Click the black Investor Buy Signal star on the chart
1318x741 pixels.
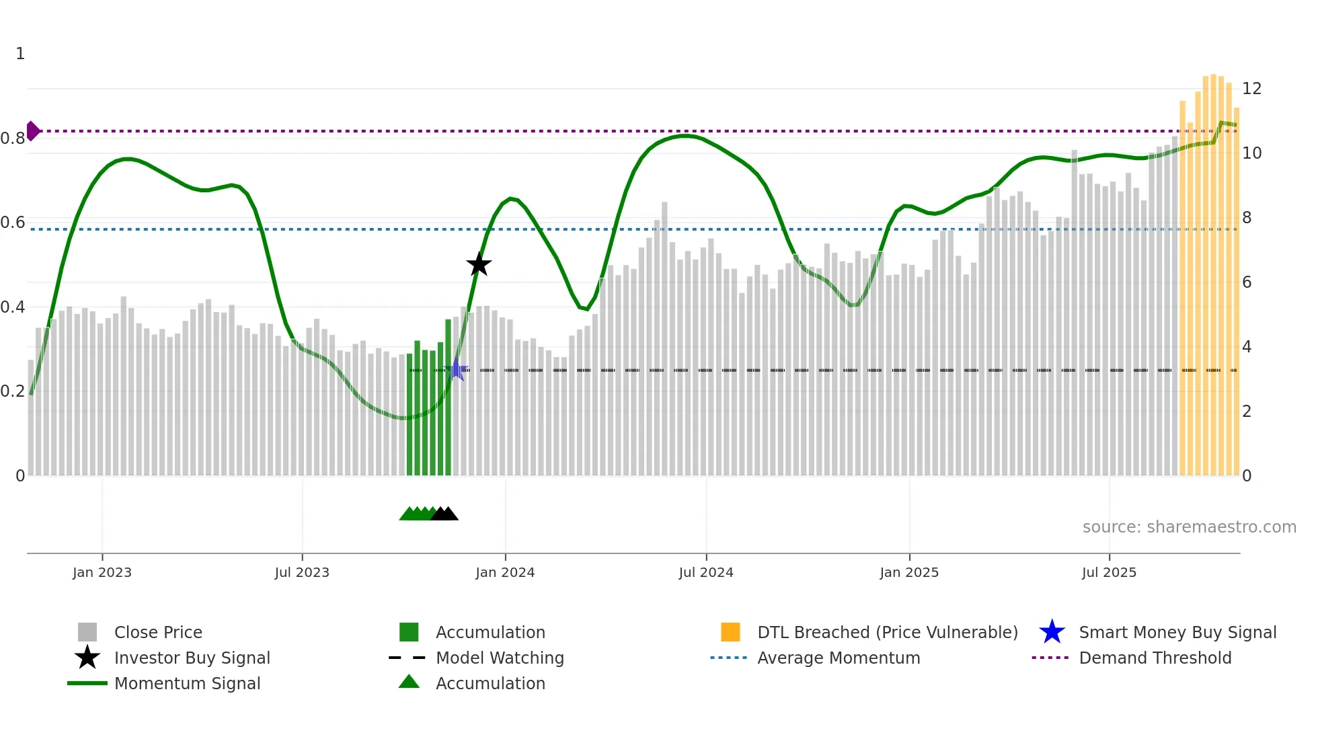point(479,264)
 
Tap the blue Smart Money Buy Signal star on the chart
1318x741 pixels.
point(457,369)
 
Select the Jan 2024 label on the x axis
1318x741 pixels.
point(504,572)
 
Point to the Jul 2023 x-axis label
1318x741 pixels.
point(302,572)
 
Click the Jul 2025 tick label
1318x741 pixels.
point(1109,572)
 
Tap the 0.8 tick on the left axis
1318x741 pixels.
point(12,139)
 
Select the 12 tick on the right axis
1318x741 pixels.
point(1251,89)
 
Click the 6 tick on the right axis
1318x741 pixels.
point(1247,282)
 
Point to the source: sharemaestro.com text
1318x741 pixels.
point(1189,526)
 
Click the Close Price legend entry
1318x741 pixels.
point(158,632)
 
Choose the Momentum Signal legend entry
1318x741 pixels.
point(187,683)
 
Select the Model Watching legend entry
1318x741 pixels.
point(500,658)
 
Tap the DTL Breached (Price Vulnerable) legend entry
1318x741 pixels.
point(887,632)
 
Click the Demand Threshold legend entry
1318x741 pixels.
point(1155,658)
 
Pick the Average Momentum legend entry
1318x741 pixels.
point(838,658)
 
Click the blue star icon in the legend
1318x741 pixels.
point(1052,632)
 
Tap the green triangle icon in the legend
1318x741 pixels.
point(409,682)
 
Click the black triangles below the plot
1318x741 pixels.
point(444,514)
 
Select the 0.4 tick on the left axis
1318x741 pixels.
point(12,307)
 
